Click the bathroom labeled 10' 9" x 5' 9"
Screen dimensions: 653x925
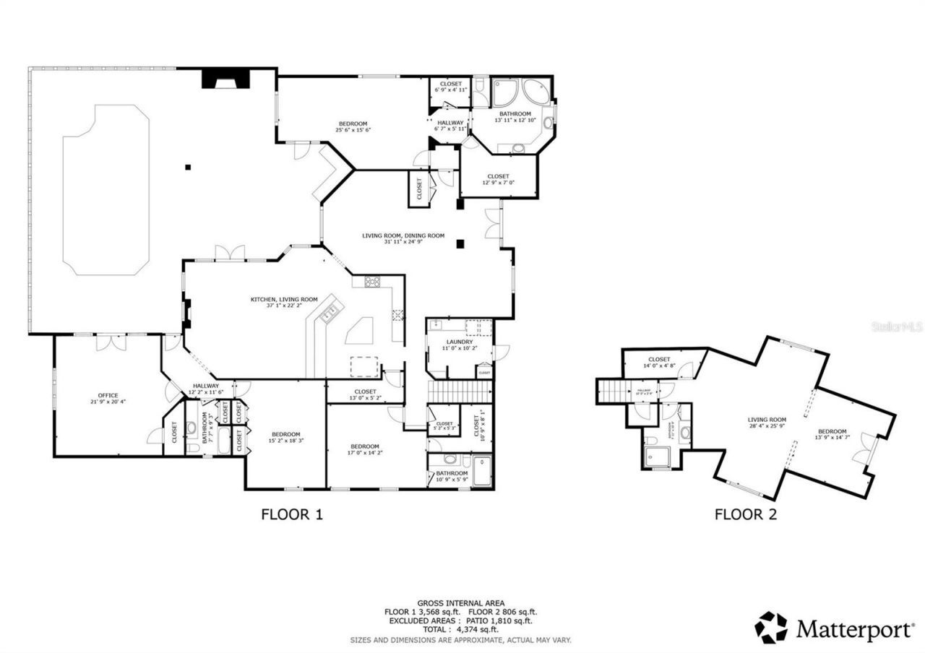pos(452,477)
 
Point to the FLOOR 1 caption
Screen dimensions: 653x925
pos(291,515)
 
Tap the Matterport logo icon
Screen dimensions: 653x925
pos(771,627)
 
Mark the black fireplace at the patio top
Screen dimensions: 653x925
pos(225,78)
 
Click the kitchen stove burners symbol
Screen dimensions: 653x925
pos(373,282)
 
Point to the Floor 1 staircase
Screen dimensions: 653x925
pos(460,392)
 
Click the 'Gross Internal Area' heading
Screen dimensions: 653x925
pos(460,602)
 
